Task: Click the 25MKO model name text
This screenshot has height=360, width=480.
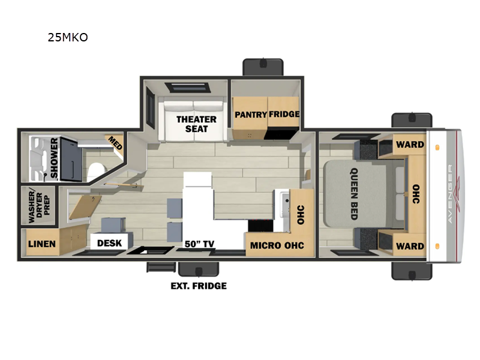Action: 68,37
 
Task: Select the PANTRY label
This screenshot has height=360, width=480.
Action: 250,114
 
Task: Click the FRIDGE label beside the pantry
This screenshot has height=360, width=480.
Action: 284,114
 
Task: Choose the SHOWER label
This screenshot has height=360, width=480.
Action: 55,158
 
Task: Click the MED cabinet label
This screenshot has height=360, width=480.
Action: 113,143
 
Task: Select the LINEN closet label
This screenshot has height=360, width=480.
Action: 42,244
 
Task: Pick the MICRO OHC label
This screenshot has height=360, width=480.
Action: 277,245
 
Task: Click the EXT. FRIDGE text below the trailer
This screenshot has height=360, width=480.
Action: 199,286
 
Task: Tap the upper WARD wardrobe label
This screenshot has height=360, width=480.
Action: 410,144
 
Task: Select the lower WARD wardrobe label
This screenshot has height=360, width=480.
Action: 410,246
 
